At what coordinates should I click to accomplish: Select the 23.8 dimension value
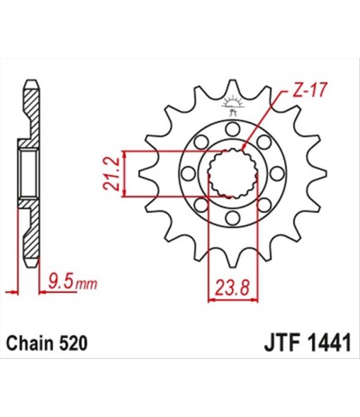(x=232, y=287)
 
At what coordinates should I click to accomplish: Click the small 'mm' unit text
(x=87, y=285)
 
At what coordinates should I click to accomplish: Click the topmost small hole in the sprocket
(x=232, y=128)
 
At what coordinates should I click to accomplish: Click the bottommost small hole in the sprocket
(x=232, y=219)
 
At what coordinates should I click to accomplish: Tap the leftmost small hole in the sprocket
(x=188, y=173)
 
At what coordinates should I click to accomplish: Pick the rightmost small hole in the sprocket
(x=277, y=173)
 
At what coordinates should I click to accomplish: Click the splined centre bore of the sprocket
(x=232, y=173)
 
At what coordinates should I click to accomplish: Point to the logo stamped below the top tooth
(x=232, y=106)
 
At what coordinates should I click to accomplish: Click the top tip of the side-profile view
(x=32, y=80)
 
